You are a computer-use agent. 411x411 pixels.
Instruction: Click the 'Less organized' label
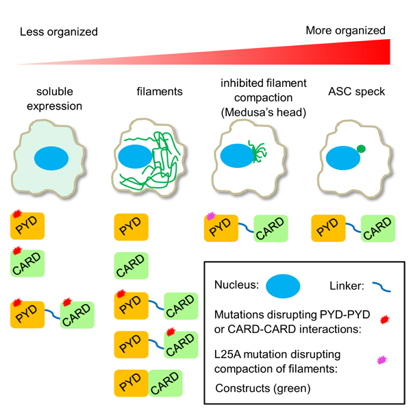click(58, 32)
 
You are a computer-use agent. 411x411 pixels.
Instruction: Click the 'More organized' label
click(345, 30)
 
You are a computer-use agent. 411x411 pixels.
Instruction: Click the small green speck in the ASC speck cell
click(361, 148)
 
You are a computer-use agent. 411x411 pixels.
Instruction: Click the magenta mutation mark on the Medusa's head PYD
click(210, 216)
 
